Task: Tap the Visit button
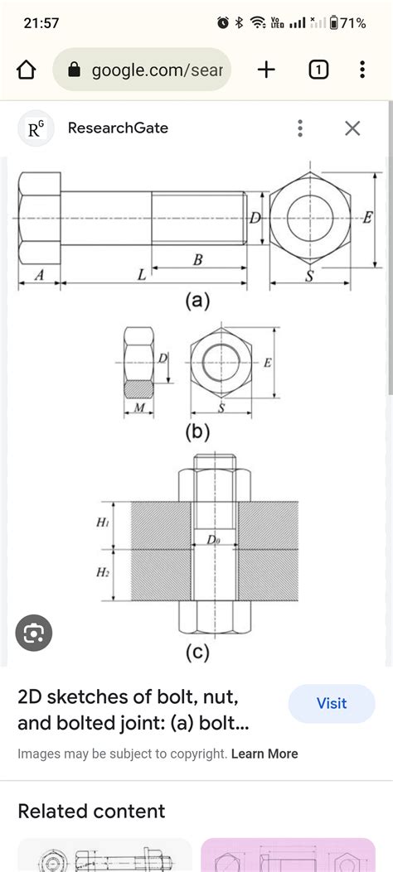(332, 703)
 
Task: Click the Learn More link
(264, 754)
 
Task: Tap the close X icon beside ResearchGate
(352, 128)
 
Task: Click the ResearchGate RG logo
(36, 128)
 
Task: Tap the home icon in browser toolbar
(27, 70)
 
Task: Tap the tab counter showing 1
(318, 70)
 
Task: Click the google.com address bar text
(156, 70)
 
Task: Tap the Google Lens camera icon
(34, 634)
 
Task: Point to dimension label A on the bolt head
(39, 276)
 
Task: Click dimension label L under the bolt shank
(141, 276)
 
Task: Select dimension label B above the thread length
(198, 260)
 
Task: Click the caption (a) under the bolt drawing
(197, 301)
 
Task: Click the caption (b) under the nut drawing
(197, 431)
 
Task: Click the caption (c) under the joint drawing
(197, 653)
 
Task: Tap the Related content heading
(91, 811)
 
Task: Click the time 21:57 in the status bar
(41, 23)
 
